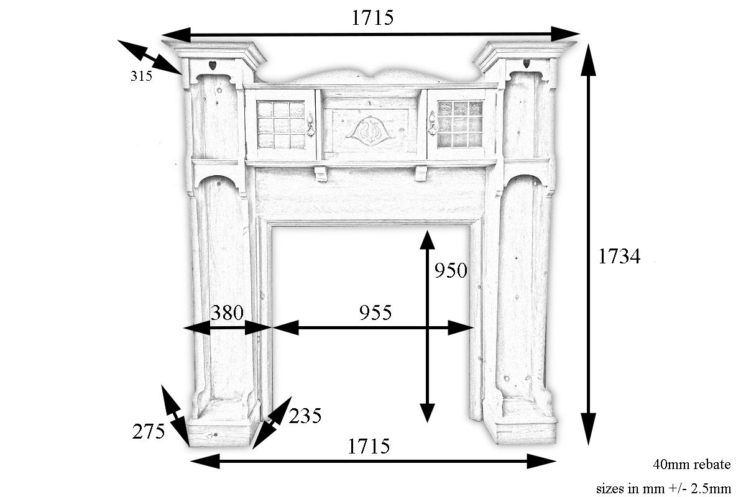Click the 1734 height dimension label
click(619, 257)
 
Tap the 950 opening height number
click(451, 270)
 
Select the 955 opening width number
click(375, 312)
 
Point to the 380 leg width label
click(227, 312)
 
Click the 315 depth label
click(141, 76)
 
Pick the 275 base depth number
click(149, 431)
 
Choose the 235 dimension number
click(305, 416)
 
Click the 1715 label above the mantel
click(372, 17)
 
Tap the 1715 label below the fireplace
click(369, 447)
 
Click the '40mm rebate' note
click(692, 464)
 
